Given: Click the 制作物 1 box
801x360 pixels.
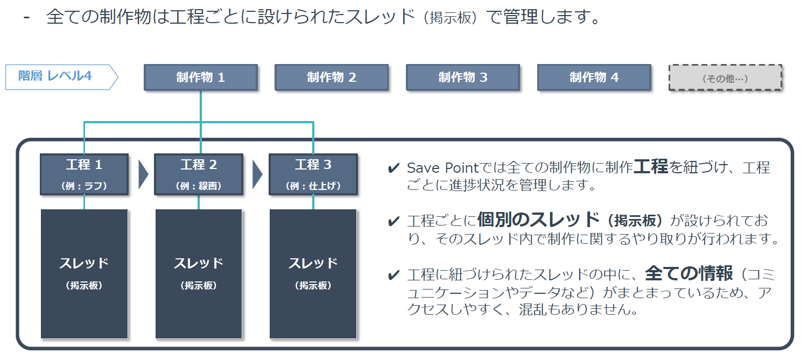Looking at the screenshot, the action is click(x=201, y=77).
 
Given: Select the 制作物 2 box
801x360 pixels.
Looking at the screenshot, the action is click(x=332, y=77).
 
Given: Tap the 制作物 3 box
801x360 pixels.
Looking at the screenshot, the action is click(x=463, y=77).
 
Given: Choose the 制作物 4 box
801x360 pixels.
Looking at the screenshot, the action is click(x=594, y=77).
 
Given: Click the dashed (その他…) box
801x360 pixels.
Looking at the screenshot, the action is click(x=725, y=77).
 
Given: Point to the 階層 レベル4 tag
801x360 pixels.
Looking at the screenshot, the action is click(x=61, y=77).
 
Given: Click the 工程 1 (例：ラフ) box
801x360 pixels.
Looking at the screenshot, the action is click(x=84, y=174).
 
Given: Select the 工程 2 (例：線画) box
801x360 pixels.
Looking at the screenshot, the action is click(x=199, y=174).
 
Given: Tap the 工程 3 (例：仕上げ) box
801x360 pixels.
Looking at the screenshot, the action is click(x=313, y=174).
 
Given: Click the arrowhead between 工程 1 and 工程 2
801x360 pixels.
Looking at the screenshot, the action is click(x=143, y=174).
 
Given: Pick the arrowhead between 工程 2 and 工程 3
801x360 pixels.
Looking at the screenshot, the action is click(x=257, y=174).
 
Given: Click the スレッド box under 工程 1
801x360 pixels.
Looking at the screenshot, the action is click(x=84, y=274).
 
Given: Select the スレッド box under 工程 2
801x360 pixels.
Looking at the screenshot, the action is click(x=199, y=274).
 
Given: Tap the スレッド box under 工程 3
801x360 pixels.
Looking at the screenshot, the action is click(x=313, y=274).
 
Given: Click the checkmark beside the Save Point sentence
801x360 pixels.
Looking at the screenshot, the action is click(x=394, y=168).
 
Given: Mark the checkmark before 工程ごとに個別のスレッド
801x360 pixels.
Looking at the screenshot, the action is click(x=394, y=221).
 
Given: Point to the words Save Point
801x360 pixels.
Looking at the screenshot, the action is click(x=442, y=168).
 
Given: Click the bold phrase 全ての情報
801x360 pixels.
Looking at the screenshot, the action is click(x=689, y=273).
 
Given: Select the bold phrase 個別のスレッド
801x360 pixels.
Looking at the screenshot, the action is click(x=538, y=220).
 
